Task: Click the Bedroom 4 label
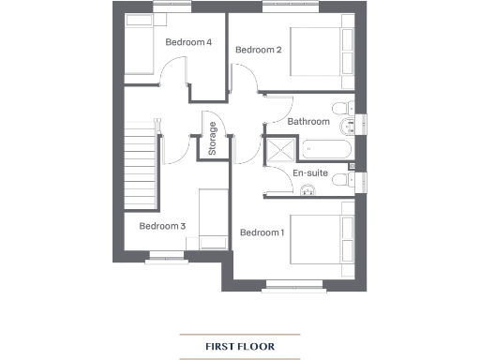click(188, 42)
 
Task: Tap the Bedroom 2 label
click(258, 50)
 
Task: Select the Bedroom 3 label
click(162, 226)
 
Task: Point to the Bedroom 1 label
click(262, 232)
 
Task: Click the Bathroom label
click(308, 122)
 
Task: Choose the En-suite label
click(310, 174)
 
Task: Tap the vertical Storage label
click(213, 139)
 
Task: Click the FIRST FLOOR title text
click(240, 347)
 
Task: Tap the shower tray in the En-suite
click(279, 152)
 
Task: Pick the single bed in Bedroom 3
click(211, 217)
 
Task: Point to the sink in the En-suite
click(308, 193)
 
